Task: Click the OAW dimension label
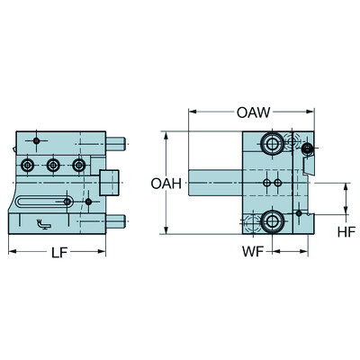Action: click(x=253, y=112)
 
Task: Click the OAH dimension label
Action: click(x=166, y=184)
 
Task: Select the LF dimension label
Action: click(x=58, y=253)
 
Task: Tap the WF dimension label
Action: click(x=253, y=252)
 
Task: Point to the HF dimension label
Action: click(x=346, y=232)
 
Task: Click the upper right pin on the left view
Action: click(x=116, y=144)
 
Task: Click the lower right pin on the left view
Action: click(x=116, y=221)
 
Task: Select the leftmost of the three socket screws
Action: click(x=27, y=165)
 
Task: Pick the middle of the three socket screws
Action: click(x=53, y=165)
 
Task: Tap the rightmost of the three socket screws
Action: click(x=79, y=165)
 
